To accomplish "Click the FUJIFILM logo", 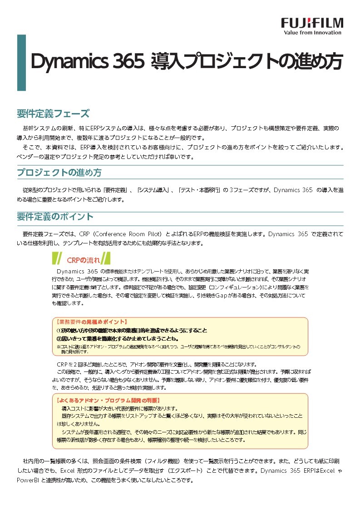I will tap(312, 23).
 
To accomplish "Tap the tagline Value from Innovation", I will tap(312, 33).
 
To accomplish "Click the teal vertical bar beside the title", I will tap(21, 62).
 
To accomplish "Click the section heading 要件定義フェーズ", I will tap(53, 113).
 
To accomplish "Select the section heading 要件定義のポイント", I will tap(55, 216).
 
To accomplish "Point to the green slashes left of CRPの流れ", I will tap(57, 259).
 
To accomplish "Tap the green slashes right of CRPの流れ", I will tap(105, 259).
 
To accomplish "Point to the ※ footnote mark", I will tap(59, 346).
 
